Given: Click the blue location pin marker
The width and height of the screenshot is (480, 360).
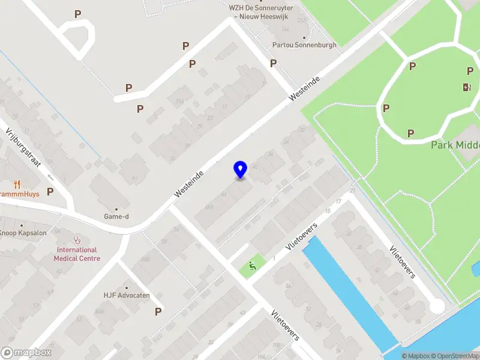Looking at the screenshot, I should click(x=241, y=169).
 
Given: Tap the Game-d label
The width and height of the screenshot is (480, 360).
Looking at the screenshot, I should click(x=116, y=217).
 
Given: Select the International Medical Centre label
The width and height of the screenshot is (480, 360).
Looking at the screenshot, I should click(x=77, y=254).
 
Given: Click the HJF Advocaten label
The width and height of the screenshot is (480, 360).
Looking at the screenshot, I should click(x=126, y=295).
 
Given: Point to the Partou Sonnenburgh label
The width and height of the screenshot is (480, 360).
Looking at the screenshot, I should click(x=304, y=45).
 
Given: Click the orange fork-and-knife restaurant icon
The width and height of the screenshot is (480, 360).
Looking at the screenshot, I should click(x=17, y=185).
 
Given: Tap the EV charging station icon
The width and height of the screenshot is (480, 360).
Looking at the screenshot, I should click(x=467, y=88).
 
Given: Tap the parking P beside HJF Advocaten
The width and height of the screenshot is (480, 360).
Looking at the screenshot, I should click(x=158, y=311).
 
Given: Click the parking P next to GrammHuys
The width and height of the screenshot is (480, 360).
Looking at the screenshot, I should click(x=50, y=192).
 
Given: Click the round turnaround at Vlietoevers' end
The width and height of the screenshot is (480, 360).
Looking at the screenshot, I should click(x=437, y=306).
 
